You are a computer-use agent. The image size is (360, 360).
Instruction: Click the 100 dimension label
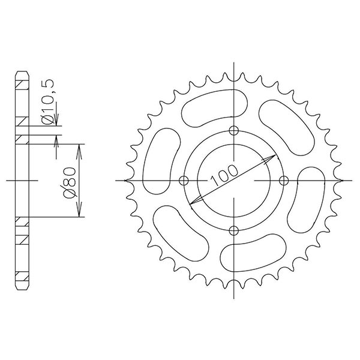pos(225,174)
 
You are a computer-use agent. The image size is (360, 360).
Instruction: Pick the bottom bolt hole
pos(234,229)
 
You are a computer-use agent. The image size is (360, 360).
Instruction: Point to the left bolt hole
pos(185,181)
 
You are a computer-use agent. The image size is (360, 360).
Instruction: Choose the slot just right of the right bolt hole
pos(307,197)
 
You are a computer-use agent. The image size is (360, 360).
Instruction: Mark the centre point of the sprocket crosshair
pos(234,181)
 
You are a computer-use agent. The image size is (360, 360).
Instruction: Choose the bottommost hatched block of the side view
pos(21,279)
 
